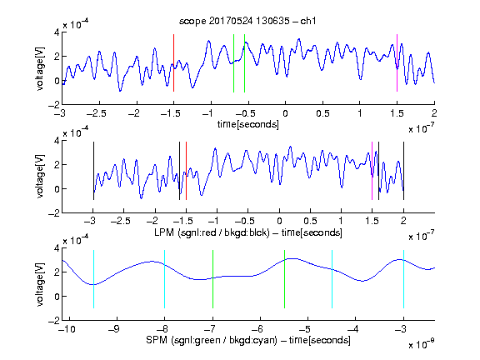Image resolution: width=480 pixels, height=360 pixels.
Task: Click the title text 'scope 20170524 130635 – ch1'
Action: coord(247,21)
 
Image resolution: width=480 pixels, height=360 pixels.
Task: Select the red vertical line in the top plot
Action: coord(174,62)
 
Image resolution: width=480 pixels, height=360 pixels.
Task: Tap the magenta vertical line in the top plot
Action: coord(397,62)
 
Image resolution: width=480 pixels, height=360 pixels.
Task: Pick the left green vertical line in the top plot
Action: coord(233,63)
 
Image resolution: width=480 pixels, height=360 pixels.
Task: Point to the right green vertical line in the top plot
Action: coord(245,63)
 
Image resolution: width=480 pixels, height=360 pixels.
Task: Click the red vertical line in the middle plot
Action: coord(186,171)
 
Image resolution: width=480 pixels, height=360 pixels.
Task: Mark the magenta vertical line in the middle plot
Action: coord(372,171)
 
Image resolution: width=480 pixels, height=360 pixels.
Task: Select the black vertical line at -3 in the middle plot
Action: coord(93,171)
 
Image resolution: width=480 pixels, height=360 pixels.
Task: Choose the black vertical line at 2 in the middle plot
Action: coord(403,171)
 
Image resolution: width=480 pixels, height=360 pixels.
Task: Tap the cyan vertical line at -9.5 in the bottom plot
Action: coord(93,279)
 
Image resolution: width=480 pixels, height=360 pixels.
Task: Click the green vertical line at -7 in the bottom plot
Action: coord(212,279)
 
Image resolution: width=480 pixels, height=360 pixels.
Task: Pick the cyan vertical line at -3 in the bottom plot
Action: coord(403,279)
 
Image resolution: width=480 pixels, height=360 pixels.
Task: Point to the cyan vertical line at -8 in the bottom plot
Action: coord(165,279)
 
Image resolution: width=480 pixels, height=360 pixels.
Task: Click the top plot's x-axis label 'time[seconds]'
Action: coord(248,124)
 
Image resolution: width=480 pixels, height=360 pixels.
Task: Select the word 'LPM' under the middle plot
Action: coord(164,232)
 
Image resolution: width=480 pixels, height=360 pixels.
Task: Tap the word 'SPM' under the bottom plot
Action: coord(157,340)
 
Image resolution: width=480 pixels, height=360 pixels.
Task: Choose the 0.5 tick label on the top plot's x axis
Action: coord(322,113)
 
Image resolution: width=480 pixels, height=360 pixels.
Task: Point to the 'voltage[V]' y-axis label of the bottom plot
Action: coord(40,284)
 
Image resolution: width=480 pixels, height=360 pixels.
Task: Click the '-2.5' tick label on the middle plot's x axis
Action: coord(120,221)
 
